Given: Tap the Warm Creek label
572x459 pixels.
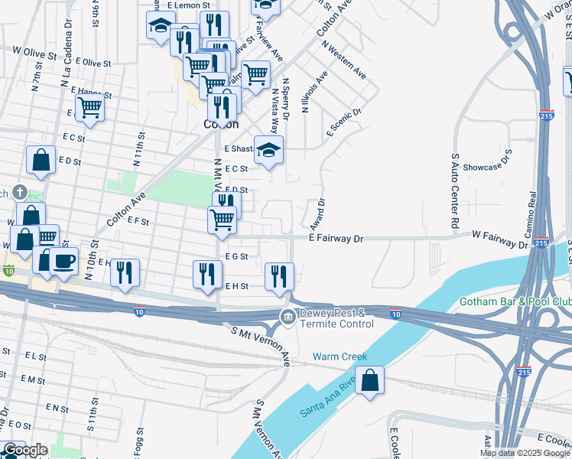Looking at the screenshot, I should point(340,356).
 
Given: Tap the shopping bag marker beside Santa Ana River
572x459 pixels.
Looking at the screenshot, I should point(370,381).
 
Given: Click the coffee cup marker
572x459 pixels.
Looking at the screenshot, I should point(63,261).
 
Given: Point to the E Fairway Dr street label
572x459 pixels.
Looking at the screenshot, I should point(335,239).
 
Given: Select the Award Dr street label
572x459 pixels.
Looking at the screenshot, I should point(318,214).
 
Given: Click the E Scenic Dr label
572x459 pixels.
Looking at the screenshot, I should point(343,122).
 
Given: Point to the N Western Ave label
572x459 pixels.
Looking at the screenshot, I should point(343,59).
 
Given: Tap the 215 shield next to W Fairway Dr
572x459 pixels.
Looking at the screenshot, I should point(541,243).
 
